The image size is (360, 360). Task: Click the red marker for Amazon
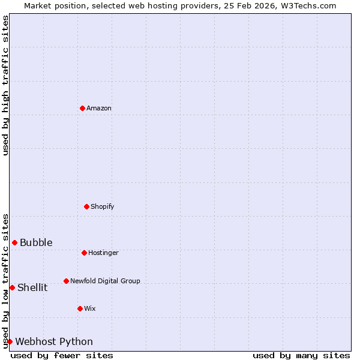82,108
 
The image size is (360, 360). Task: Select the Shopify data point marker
86,206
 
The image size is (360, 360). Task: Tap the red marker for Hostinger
84,253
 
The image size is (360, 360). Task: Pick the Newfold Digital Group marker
66,281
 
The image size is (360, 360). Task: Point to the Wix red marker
80,308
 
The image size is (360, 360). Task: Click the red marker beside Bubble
14,242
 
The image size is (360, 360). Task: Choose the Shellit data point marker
12,287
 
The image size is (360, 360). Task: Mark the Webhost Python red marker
10,341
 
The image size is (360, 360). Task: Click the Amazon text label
99,109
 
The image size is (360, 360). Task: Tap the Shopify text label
103,207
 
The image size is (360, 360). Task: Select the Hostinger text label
103,253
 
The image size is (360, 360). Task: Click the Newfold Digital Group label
105,281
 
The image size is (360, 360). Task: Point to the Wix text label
90,309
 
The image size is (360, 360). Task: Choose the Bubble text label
36,243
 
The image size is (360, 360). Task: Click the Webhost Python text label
54,342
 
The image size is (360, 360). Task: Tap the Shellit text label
32,288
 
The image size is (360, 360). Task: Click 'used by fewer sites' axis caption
62,356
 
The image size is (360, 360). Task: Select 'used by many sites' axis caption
301,356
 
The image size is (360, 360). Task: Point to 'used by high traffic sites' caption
6,85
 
